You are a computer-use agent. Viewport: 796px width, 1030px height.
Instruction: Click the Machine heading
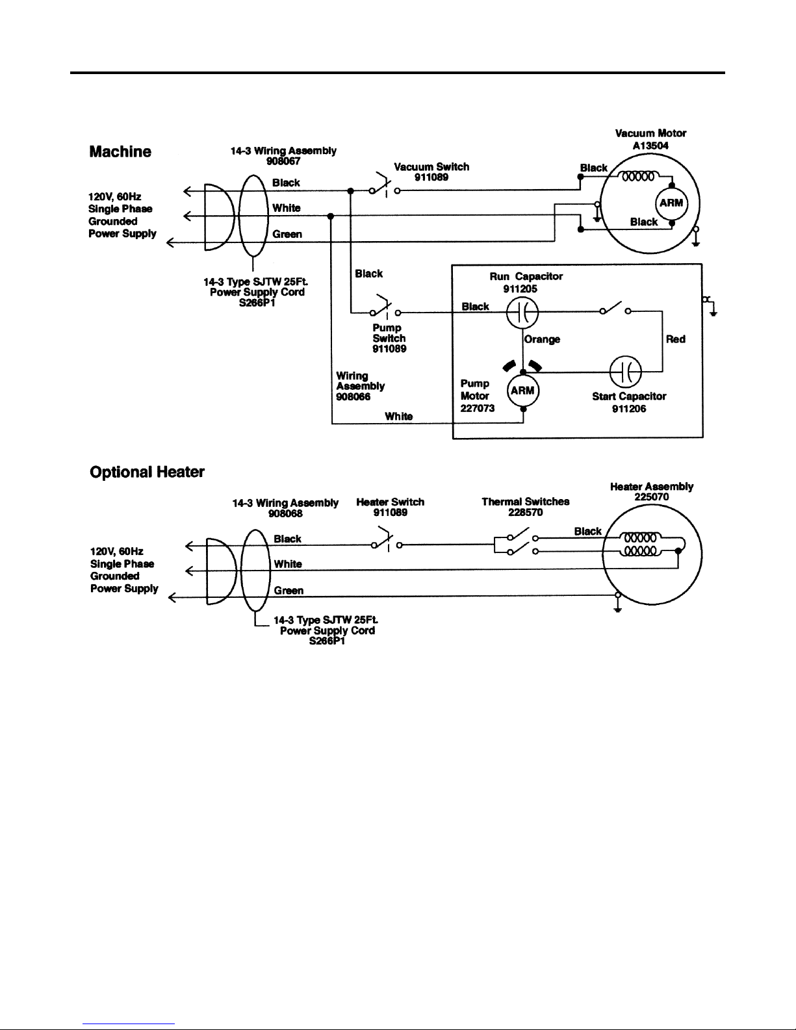120,151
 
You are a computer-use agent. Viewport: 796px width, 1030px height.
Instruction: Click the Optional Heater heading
147,472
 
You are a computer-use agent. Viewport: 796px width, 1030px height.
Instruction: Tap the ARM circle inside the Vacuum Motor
671,203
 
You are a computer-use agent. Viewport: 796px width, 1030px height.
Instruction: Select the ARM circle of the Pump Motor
523,391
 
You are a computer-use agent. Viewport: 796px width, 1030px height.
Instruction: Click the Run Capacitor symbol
522,313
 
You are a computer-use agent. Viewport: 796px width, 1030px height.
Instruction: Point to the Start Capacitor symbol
625,372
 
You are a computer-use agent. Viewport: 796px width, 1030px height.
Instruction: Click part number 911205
520,289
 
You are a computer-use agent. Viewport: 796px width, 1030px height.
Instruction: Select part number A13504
650,146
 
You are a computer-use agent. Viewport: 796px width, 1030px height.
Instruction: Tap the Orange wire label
542,339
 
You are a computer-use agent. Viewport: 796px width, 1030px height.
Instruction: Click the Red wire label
676,339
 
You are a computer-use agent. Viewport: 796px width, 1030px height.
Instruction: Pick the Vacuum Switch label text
431,167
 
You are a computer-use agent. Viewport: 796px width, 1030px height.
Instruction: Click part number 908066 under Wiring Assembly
353,397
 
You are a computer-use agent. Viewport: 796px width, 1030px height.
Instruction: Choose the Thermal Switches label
526,502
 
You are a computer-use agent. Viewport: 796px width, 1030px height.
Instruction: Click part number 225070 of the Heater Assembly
652,496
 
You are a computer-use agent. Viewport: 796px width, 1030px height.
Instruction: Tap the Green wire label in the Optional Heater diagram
289,591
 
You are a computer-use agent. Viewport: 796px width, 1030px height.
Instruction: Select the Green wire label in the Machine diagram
287,234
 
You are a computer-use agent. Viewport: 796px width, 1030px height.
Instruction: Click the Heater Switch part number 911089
391,512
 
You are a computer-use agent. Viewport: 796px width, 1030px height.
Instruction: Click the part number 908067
283,161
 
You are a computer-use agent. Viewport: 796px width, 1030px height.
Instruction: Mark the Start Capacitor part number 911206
629,409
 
